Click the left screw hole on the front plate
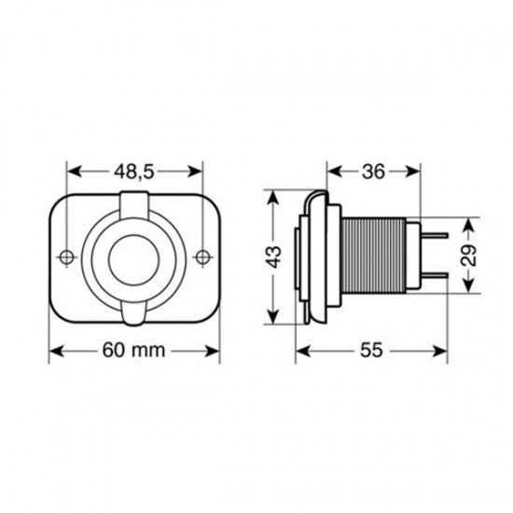pyautogui.click(x=66, y=256)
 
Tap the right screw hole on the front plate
pyautogui.click(x=203, y=256)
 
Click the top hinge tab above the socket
pyautogui.click(x=134, y=200)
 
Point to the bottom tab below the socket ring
pyautogui.click(x=134, y=315)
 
